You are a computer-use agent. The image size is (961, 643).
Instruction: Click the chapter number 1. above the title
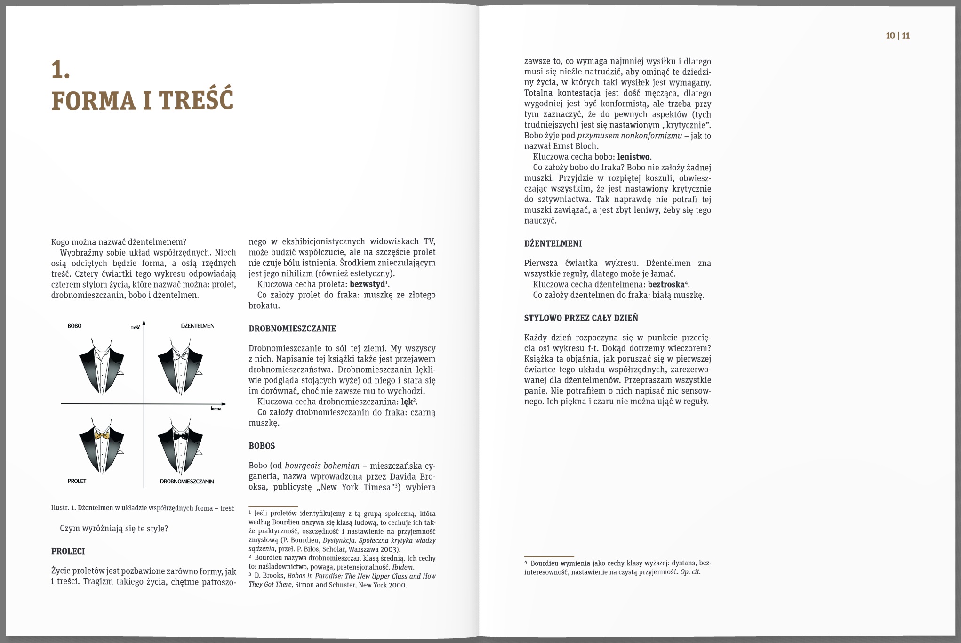61,70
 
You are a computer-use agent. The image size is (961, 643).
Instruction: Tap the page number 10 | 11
897,36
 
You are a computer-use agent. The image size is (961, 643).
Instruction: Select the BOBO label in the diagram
74,326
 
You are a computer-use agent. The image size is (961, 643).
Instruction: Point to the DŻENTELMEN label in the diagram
198,326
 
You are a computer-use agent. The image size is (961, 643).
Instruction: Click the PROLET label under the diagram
77,481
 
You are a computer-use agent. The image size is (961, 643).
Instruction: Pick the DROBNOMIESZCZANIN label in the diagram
187,481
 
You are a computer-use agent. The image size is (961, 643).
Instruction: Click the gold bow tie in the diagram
102,435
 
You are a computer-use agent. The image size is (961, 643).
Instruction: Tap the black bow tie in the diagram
181,436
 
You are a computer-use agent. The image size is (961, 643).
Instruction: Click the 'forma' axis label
216,409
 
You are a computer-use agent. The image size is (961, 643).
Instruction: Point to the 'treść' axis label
136,327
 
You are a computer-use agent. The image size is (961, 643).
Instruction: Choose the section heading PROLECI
68,551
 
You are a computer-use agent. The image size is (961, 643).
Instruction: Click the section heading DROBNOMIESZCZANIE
292,329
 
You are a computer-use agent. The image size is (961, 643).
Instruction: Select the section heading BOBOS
262,446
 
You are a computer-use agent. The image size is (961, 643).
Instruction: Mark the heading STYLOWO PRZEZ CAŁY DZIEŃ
581,318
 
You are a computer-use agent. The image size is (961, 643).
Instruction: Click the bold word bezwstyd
367,284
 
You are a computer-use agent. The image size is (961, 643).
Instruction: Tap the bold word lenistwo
633,157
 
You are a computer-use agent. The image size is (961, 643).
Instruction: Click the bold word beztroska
665,284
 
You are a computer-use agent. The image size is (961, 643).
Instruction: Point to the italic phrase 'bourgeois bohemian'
322,466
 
